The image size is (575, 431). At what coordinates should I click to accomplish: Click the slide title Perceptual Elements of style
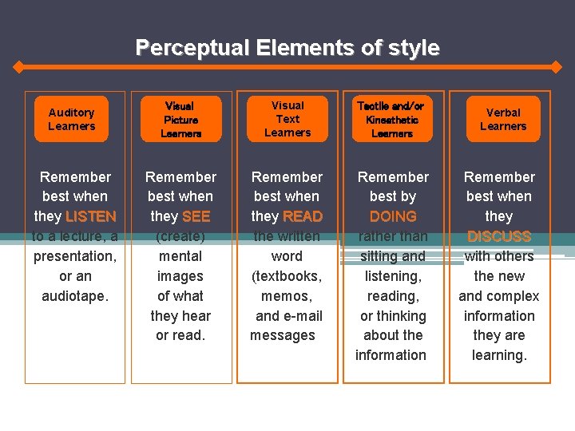[x=287, y=48]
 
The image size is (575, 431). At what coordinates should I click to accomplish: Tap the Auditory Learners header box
[x=71, y=120]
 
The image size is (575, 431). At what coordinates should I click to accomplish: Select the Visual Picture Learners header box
[x=180, y=120]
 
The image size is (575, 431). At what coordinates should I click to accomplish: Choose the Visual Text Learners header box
[x=287, y=120]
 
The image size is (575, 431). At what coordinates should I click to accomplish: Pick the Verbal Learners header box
[x=503, y=120]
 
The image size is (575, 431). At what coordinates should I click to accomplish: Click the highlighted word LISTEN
[x=91, y=216]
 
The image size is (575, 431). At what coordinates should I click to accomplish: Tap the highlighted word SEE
[x=196, y=216]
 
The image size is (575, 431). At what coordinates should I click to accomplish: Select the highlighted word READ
[x=303, y=216]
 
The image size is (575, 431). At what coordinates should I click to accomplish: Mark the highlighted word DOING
[x=393, y=216]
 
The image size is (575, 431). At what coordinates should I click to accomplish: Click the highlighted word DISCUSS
[x=499, y=236]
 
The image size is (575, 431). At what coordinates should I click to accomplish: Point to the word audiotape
[x=74, y=296]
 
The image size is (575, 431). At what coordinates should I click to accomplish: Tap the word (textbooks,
[x=287, y=276]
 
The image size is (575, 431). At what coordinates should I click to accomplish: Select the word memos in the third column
[x=285, y=296]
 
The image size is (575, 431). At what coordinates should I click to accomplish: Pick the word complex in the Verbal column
[x=514, y=296]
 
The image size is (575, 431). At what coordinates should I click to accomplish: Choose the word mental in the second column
[x=180, y=256]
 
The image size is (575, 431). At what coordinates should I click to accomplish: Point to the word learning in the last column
[x=499, y=356]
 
